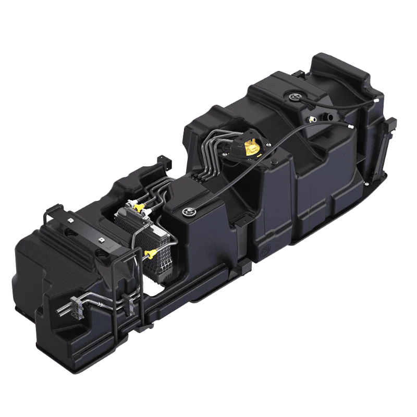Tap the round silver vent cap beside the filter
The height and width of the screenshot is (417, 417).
(188, 211)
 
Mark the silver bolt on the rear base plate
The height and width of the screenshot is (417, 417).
(369, 183)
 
